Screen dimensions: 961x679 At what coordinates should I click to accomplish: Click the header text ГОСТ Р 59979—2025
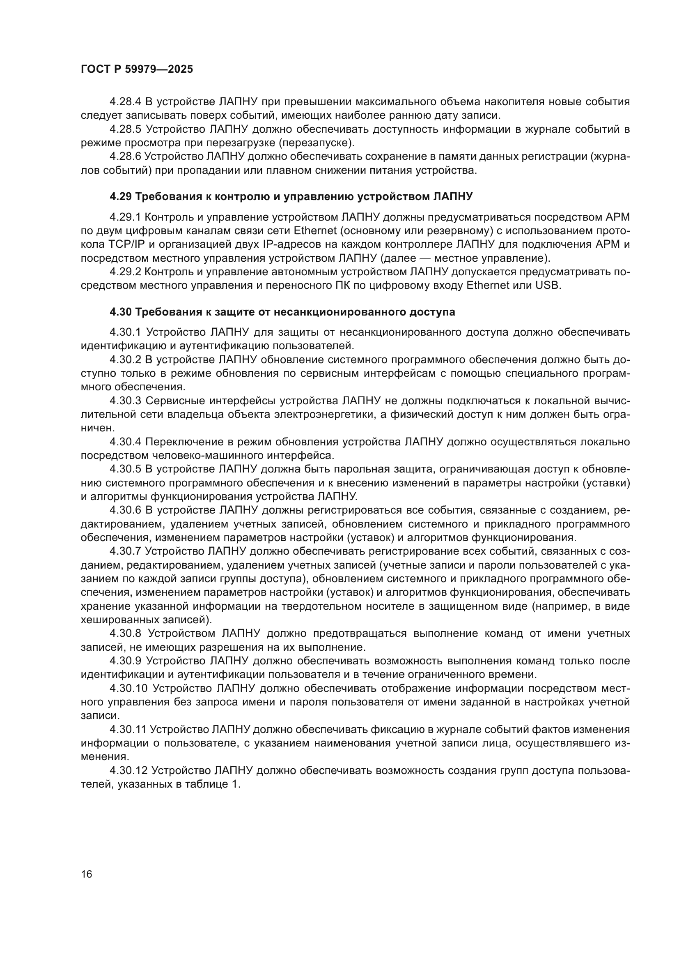pos(137,69)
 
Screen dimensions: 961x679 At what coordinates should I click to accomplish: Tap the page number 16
pos(87,874)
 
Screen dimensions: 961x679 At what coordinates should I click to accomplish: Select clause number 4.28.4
pos(126,102)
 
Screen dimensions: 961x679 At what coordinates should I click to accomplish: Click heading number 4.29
pos(120,197)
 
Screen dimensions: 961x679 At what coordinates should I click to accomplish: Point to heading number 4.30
pos(120,312)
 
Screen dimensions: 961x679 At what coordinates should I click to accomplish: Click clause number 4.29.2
pos(126,272)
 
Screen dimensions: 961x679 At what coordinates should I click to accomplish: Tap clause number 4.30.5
pos(126,470)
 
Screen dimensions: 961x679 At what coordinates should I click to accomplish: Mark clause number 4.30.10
pos(128,689)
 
